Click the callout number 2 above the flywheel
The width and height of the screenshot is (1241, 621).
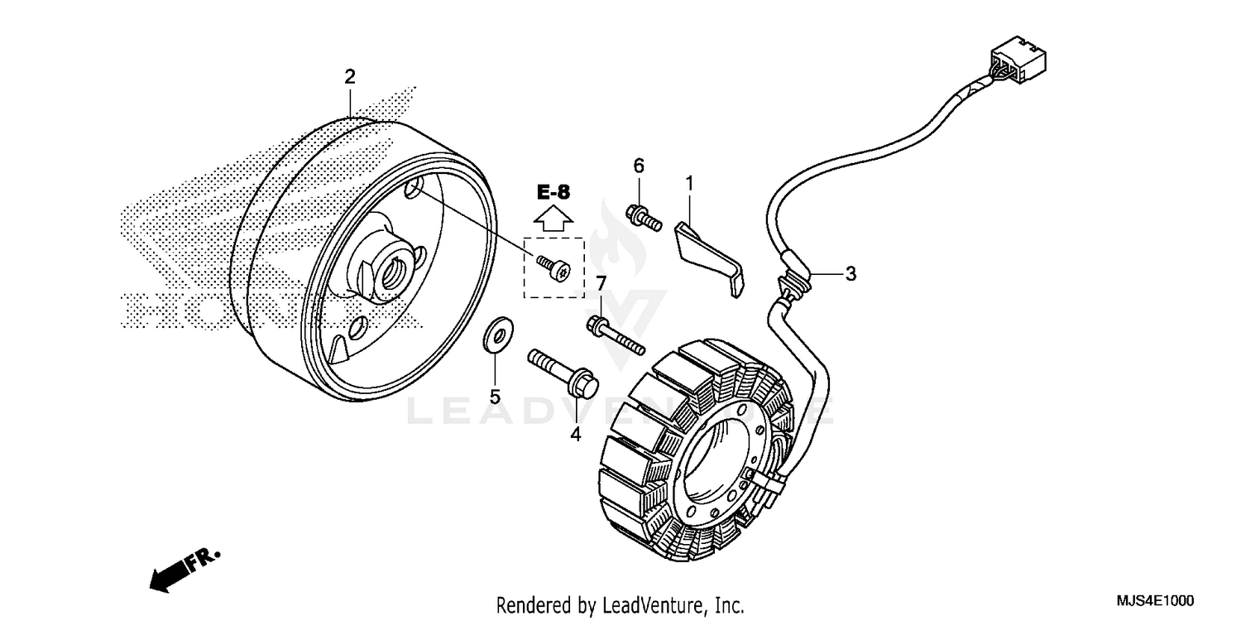[350, 77]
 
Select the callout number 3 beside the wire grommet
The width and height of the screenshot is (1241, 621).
[850, 274]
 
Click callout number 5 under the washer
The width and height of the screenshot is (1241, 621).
[495, 397]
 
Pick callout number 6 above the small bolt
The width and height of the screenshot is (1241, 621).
[638, 166]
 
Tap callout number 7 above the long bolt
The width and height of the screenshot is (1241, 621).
[601, 283]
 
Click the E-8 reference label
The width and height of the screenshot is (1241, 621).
[553, 192]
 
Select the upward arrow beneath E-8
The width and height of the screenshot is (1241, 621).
[553, 218]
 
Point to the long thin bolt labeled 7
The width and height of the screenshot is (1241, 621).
[616, 335]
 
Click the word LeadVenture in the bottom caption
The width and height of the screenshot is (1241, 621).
[653, 604]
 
